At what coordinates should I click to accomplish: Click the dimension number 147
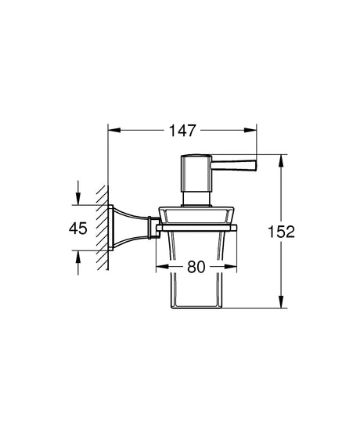pyautogui.click(x=182, y=131)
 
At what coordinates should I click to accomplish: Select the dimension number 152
pyautogui.click(x=281, y=232)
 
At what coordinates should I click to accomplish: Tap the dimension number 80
pyautogui.click(x=196, y=267)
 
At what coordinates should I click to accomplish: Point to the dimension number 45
pyautogui.click(x=78, y=228)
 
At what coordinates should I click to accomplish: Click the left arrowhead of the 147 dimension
pyautogui.click(x=114, y=131)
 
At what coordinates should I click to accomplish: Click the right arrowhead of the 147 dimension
pyautogui.click(x=250, y=131)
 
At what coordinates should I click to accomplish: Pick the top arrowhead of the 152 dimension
pyautogui.click(x=281, y=161)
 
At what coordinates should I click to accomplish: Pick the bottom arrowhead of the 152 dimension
pyautogui.click(x=281, y=301)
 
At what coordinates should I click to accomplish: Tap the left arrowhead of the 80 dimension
pyautogui.click(x=162, y=267)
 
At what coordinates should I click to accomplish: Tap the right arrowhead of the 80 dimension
pyautogui.click(x=231, y=267)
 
